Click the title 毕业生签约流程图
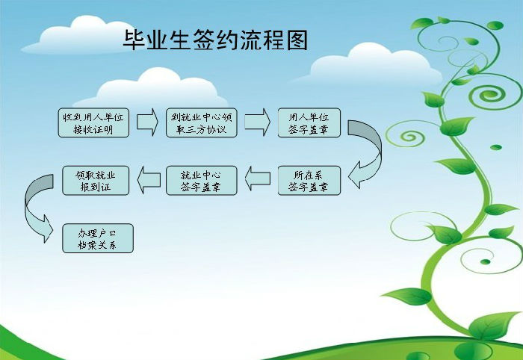pos(215,40)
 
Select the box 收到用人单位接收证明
pos(93,122)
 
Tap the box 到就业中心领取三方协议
pos(202,122)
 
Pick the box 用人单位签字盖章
pos(309,122)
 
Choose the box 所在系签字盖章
pos(309,180)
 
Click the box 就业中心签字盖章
pos(202,180)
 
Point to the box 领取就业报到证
pos(96,180)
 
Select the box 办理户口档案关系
pos(98,238)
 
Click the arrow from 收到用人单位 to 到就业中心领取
pos(147,122)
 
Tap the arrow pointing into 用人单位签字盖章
pos(257,122)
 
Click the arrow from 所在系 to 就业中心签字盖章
pos(258,179)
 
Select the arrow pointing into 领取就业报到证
pos(149,180)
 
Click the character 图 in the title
pos(297,40)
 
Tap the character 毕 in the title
pos(134,40)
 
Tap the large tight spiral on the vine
pos(489,96)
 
